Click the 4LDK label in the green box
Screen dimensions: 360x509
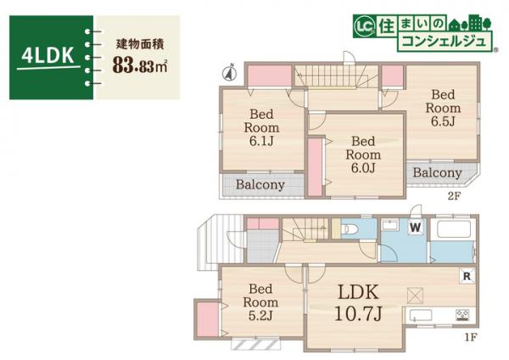48,56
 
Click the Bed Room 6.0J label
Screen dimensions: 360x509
362,155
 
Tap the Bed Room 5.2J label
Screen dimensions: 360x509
260,301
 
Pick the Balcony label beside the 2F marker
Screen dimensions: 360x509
438,173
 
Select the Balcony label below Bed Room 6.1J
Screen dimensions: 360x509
260,184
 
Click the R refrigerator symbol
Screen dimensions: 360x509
467,275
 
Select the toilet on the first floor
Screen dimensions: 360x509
351,229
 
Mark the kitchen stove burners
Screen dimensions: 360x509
463,316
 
